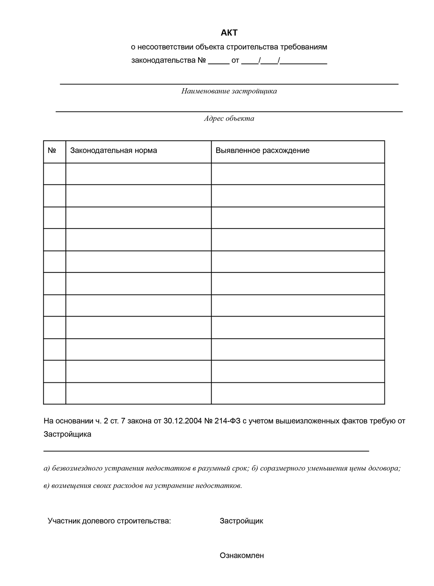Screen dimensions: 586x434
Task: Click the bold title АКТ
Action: pyautogui.click(x=229, y=33)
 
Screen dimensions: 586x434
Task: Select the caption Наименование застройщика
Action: pyautogui.click(x=229, y=91)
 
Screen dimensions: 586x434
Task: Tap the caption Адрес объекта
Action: pyautogui.click(x=229, y=119)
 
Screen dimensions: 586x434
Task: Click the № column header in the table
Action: pyautogui.click(x=52, y=150)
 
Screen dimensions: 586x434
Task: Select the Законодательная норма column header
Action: pyautogui.click(x=114, y=150)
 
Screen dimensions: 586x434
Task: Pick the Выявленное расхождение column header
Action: pyautogui.click(x=263, y=150)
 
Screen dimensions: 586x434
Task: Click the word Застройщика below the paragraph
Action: pyautogui.click(x=67, y=434)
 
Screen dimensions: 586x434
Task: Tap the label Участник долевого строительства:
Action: pyautogui.click(x=109, y=521)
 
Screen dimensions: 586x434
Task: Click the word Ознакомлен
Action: pyautogui.click(x=242, y=556)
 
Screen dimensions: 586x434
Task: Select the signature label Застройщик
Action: pyautogui.click(x=241, y=521)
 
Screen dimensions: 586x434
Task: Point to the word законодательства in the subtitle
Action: pyautogui.click(x=163, y=60)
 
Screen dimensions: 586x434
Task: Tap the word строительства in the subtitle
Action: pyautogui.click(x=252, y=47)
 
